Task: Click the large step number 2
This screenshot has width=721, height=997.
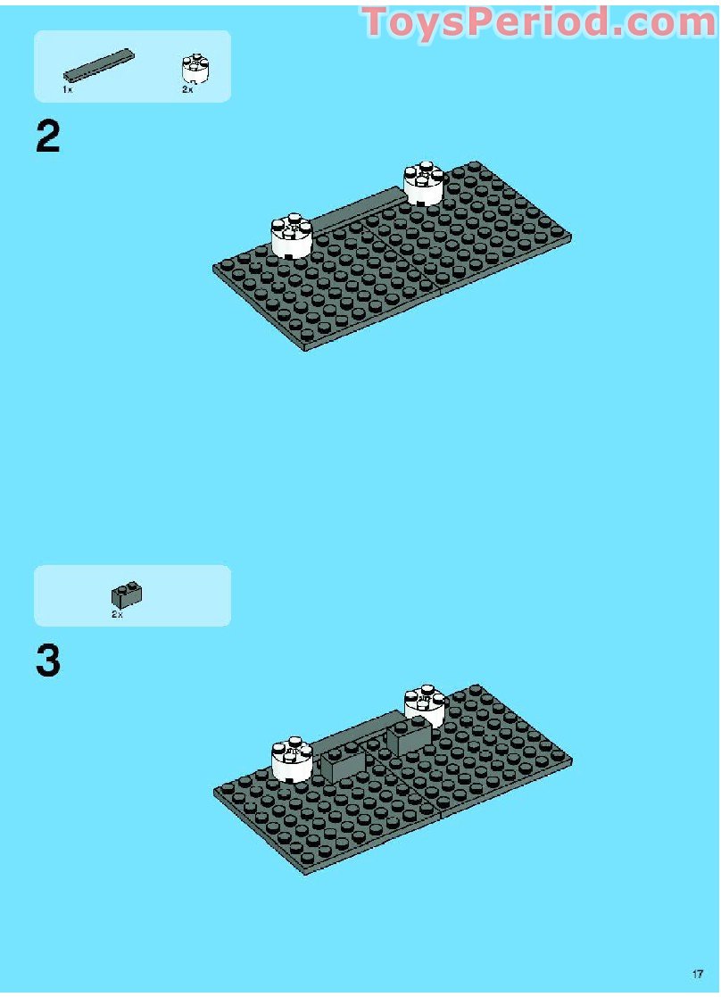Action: point(48,137)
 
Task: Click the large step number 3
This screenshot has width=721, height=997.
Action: point(48,662)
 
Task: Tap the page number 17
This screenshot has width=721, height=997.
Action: point(697,974)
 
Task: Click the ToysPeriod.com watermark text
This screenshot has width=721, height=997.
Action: point(539,22)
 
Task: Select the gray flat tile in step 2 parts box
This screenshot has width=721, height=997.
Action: point(99,65)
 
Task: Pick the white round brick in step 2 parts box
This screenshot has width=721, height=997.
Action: point(195,69)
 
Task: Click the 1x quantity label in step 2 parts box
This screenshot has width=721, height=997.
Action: point(67,90)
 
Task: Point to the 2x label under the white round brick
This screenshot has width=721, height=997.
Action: point(187,90)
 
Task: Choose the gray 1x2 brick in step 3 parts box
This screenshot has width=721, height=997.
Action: point(128,594)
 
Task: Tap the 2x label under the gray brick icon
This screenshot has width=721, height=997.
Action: point(117,615)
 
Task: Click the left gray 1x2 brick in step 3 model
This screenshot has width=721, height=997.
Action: point(343,764)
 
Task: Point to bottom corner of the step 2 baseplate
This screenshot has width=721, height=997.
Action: point(305,348)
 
